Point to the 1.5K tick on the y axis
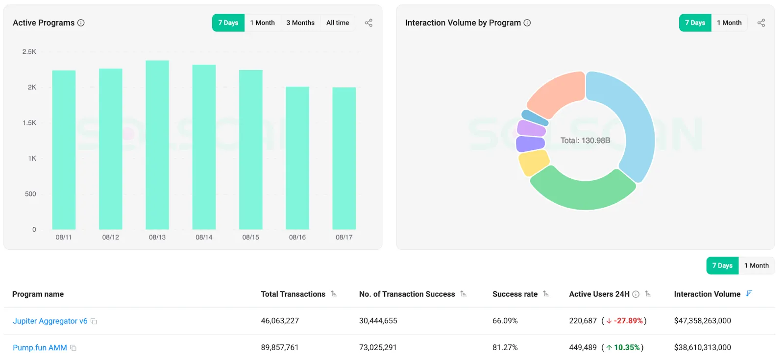coord(29,123)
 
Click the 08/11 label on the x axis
coord(64,237)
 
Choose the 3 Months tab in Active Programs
coord(300,23)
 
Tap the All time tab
coord(338,23)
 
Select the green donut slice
coord(583,193)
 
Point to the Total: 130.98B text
coord(585,141)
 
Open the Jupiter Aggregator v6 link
coord(50,321)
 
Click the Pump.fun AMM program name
coord(40,348)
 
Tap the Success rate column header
coord(515,294)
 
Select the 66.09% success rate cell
coord(505,321)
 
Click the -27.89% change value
coord(628,321)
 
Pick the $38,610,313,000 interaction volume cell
coord(702,347)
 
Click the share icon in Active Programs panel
coord(368,23)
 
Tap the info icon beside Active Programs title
coord(81,23)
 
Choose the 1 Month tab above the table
coord(756,265)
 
